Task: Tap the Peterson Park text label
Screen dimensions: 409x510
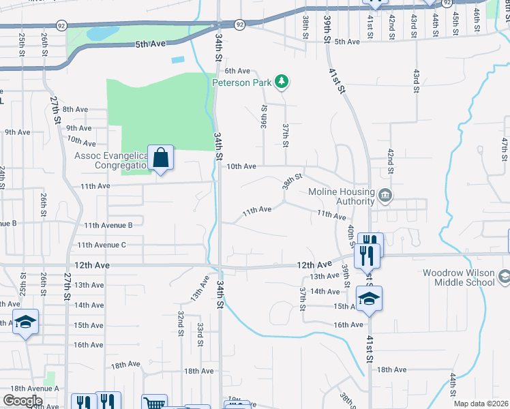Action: tap(242, 83)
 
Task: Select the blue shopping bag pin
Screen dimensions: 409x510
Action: tap(160, 160)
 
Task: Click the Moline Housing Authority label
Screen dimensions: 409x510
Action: tap(341, 196)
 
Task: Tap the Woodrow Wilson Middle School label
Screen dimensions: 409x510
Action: tap(458, 277)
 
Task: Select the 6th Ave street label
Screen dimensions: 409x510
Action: tap(238, 71)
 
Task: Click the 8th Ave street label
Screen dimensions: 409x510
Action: tap(75, 109)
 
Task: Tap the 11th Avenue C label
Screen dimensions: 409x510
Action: tap(102, 245)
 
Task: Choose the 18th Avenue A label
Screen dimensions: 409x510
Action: tap(29, 388)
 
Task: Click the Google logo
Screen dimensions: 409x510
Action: tap(22, 401)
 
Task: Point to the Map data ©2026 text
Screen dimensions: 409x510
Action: tap(481, 404)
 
